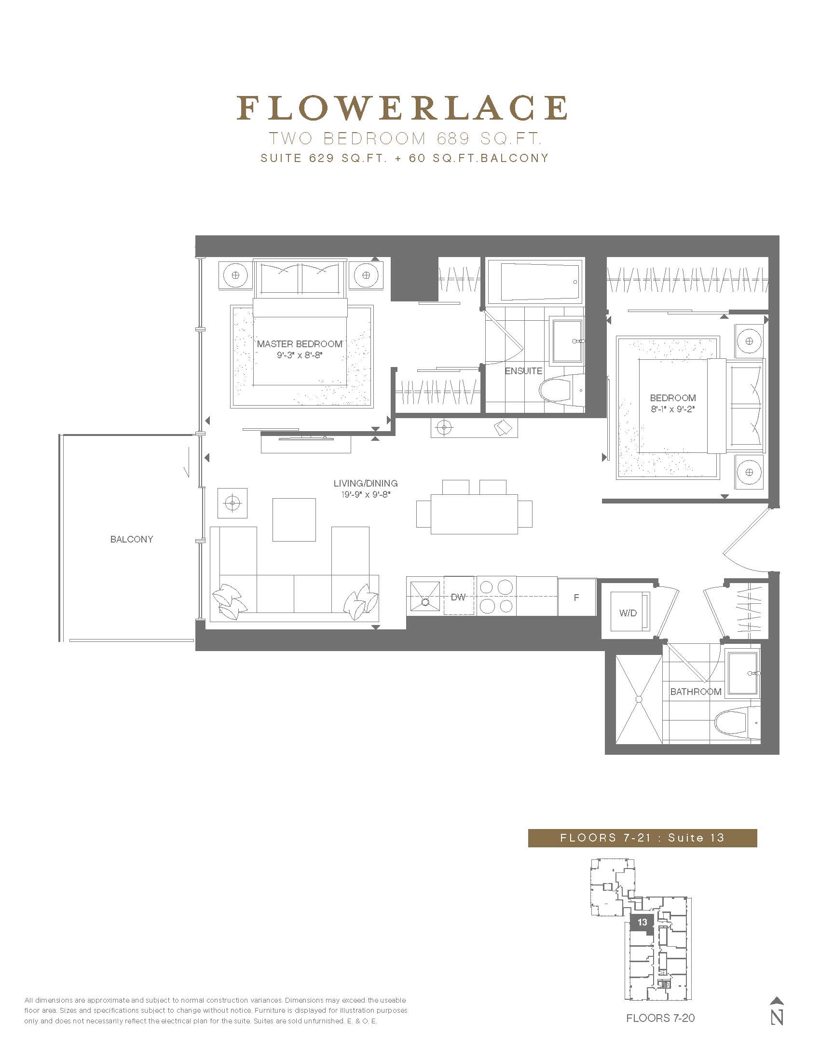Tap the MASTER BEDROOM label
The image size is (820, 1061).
[300, 344]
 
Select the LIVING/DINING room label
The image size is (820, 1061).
[365, 483]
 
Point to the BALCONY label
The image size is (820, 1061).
[132, 539]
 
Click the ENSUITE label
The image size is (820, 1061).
[523, 371]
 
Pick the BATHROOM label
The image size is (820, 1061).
[696, 692]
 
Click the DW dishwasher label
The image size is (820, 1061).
[458, 597]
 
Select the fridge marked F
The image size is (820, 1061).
[576, 597]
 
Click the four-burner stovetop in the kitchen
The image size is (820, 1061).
[495, 597]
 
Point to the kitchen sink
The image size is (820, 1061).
[425, 597]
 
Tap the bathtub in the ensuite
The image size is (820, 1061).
[535, 282]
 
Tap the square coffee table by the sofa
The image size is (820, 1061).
[294, 519]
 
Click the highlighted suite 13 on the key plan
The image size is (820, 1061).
[642, 922]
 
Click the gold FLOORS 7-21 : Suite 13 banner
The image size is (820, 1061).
[642, 838]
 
